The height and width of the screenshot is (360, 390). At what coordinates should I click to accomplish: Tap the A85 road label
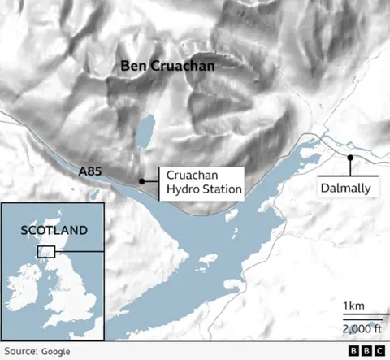pyautogui.click(x=91, y=171)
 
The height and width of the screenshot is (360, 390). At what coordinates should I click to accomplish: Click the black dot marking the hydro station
pyautogui.click(x=142, y=181)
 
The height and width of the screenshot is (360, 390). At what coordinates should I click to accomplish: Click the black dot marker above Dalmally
pyautogui.click(x=350, y=158)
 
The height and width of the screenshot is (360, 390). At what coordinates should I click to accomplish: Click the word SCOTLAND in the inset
pyautogui.click(x=53, y=230)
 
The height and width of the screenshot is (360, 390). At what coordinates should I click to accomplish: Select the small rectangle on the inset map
pyautogui.click(x=45, y=252)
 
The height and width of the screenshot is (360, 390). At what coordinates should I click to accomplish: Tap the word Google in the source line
pyautogui.click(x=54, y=351)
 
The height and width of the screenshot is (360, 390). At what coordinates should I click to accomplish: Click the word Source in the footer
pyautogui.click(x=20, y=351)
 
